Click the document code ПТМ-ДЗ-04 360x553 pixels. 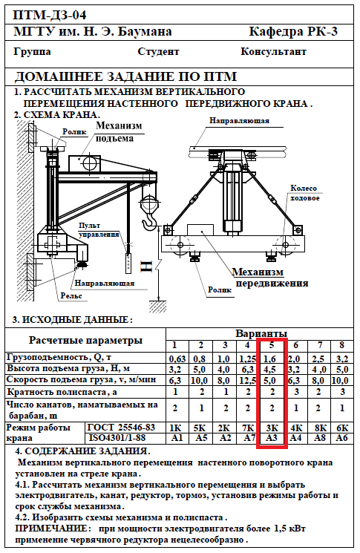(50, 15)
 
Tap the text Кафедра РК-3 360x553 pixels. (293, 31)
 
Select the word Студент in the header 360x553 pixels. (158, 51)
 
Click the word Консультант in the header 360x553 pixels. (273, 51)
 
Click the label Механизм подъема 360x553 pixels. (119, 131)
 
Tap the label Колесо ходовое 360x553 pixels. (304, 193)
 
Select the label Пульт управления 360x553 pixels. (99, 230)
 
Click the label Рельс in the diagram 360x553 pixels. (71, 296)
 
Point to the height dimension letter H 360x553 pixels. (147, 266)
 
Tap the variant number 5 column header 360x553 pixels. (272, 345)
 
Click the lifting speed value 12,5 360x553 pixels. (247, 381)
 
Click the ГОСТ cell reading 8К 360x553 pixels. (320, 428)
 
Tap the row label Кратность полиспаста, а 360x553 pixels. (62, 391)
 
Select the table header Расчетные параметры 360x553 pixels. (85, 340)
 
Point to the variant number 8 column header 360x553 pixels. (341, 345)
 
